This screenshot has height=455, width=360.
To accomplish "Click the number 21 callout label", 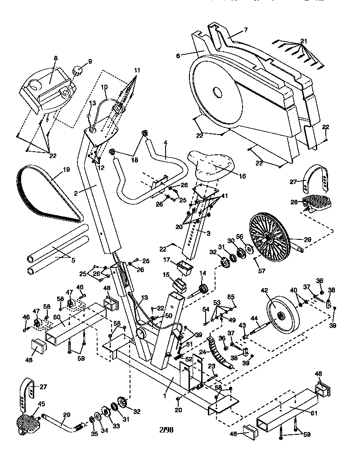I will pos(304,41).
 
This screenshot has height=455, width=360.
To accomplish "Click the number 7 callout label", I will pos(246,30).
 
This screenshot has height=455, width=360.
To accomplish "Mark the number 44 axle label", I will pos(254,319).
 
